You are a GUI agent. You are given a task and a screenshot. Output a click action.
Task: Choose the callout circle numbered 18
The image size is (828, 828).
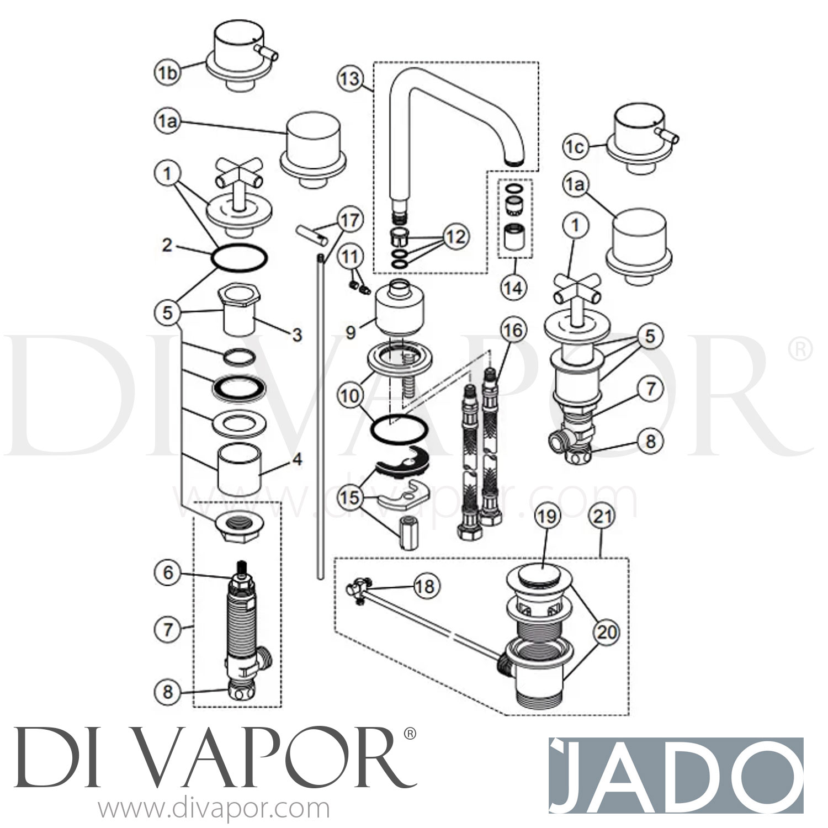click(x=425, y=586)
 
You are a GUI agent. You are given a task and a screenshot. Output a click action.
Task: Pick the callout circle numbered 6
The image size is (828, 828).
click(x=168, y=572)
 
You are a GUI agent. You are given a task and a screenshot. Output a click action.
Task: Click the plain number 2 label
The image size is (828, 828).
click(x=167, y=246)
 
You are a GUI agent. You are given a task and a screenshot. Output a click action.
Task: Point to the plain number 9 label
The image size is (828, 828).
click(x=351, y=332)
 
